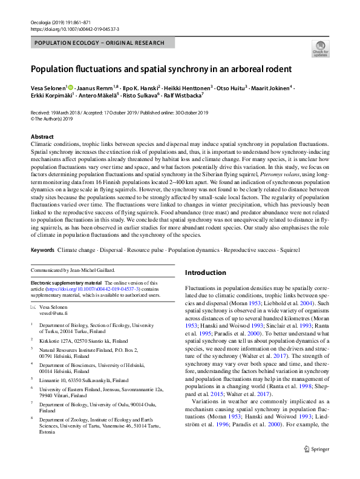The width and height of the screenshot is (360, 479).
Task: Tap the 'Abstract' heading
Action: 42,137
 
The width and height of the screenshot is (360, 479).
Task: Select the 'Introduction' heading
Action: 205,273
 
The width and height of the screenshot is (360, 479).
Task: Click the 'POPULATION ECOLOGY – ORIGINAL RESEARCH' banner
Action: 99,43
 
